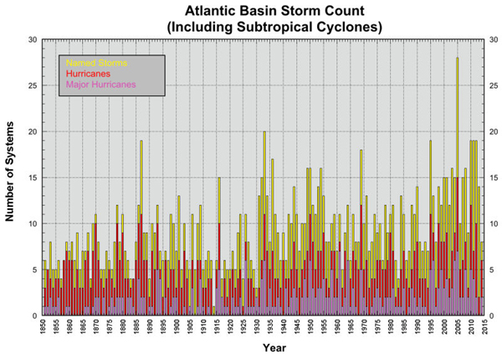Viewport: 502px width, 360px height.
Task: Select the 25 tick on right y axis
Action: (x=494, y=85)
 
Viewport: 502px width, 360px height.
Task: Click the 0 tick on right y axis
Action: (x=491, y=316)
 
